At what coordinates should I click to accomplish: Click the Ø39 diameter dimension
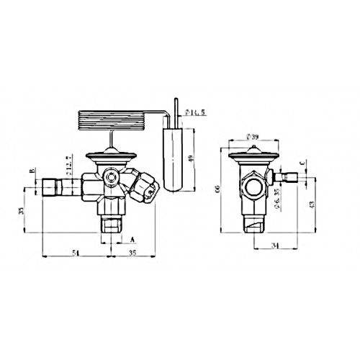point(251,136)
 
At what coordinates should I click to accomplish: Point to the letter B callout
point(30,171)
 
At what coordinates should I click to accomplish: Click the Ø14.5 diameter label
point(197,112)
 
